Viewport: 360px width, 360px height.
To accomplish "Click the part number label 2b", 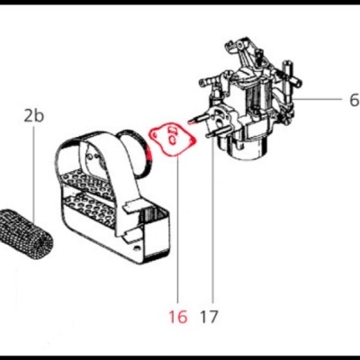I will click(33, 116).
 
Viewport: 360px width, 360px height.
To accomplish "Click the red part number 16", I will click(177, 317).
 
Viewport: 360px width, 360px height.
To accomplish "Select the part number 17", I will click(210, 317).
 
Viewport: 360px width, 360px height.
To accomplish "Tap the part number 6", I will click(329, 100).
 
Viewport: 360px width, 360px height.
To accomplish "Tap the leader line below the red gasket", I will click(177, 234).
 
